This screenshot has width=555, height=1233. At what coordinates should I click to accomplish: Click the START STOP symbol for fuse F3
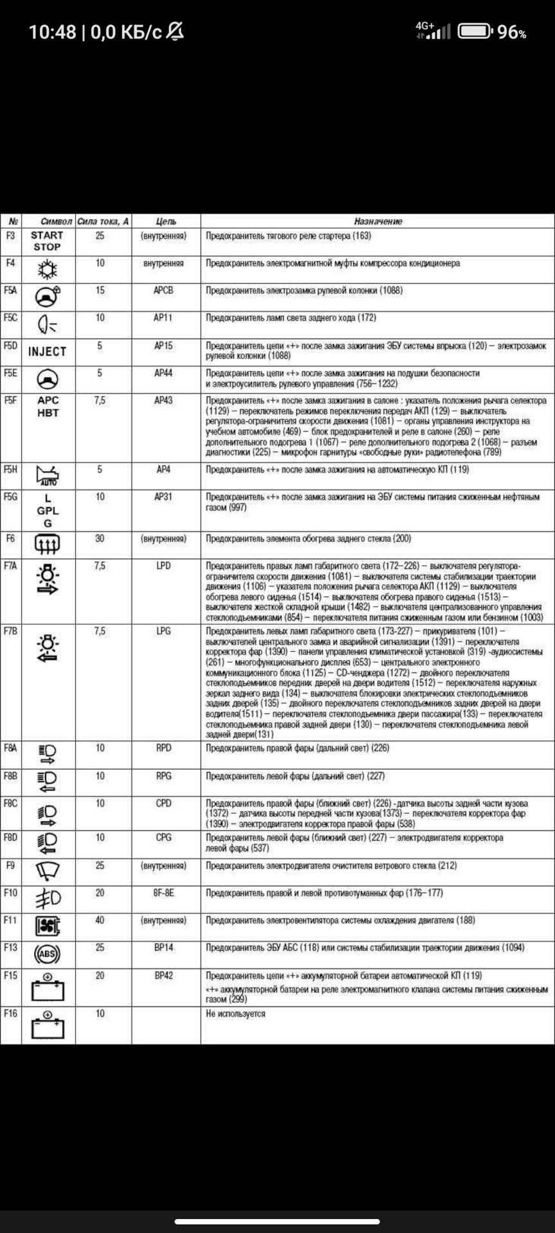pos(47,241)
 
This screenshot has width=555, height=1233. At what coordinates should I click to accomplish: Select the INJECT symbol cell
pos(47,351)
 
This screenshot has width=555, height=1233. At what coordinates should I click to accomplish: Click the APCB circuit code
pos(163,290)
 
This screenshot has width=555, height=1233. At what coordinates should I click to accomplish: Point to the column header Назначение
pos(378,221)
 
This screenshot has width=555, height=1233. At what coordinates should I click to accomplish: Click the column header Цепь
pos(166,221)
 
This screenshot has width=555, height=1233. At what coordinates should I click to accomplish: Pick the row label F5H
pos(10,469)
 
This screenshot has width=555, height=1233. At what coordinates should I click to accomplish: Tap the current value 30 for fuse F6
pos(100,538)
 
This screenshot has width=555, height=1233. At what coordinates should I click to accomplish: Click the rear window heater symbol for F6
pos(47,545)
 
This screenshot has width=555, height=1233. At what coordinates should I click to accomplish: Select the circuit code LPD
pos(163,566)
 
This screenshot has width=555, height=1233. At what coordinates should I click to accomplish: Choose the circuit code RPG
pos(163,776)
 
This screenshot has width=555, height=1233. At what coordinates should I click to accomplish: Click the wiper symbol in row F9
pos(47,871)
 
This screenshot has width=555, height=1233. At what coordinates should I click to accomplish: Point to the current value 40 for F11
pos(100,920)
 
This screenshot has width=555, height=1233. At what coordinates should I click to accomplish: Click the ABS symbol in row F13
pos(47,954)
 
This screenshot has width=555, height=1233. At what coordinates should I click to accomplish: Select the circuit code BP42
pos(163,975)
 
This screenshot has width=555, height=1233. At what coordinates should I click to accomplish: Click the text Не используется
pos(235,1013)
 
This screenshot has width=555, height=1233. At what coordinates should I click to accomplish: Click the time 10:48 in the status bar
pos(52,31)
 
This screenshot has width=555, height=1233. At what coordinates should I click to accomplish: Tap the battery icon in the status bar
pos(475,31)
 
